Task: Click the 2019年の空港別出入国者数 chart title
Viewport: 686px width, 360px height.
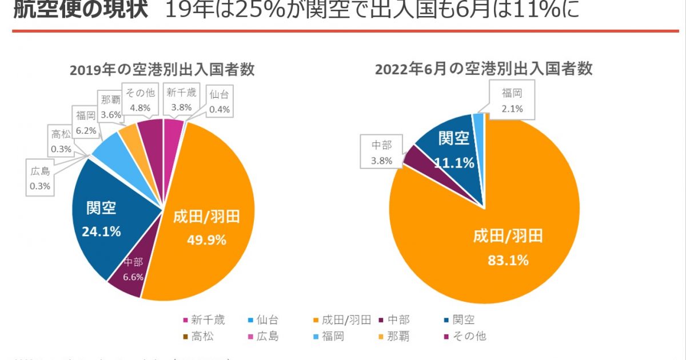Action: click(x=162, y=70)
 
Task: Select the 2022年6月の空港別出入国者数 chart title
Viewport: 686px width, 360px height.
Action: click(x=484, y=69)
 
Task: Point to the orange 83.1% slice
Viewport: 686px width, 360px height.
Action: click(x=503, y=246)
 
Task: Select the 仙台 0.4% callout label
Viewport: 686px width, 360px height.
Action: click(x=219, y=102)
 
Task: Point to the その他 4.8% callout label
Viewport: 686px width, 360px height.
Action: click(x=140, y=99)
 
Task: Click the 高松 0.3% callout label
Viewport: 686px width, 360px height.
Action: click(x=61, y=142)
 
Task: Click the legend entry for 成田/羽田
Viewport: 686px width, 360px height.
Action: click(x=342, y=320)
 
